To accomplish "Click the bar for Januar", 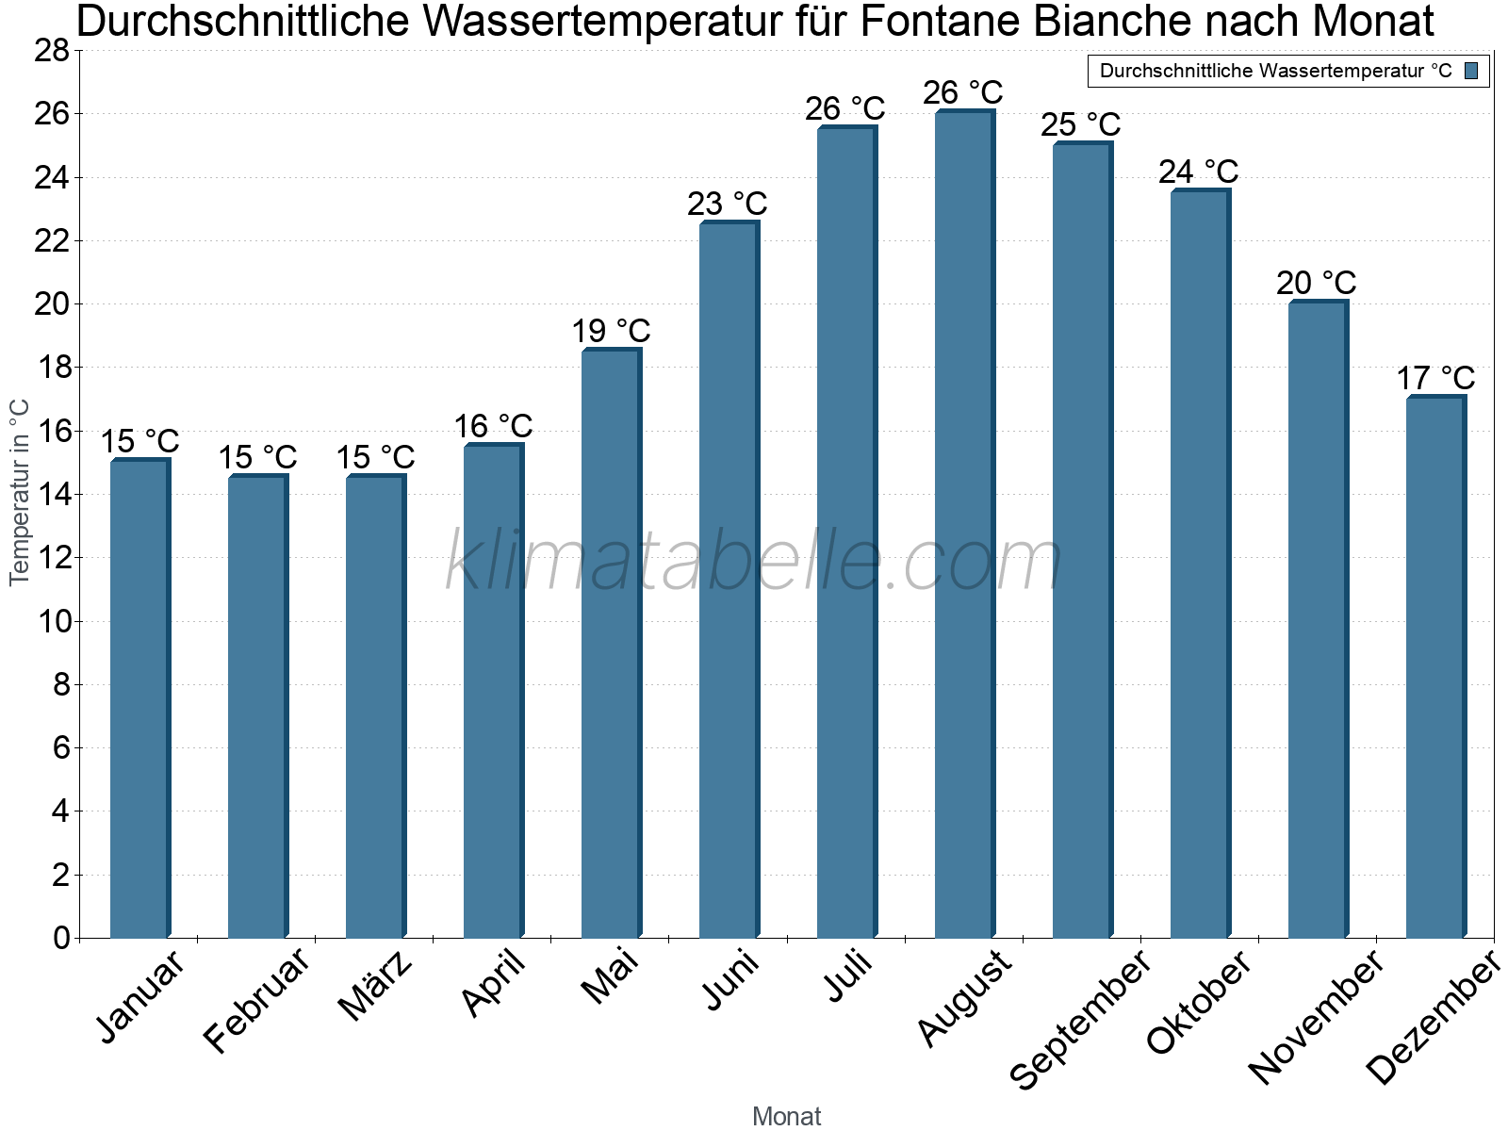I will [139, 698].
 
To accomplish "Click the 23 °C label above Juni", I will [727, 204].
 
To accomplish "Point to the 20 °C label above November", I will [1316, 283].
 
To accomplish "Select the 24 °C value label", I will [1198, 172].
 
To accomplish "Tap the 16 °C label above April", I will [493, 426].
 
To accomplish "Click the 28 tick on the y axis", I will [52, 51].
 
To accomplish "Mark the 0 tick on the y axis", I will [61, 938].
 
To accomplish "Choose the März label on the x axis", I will [375, 986].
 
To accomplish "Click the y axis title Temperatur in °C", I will [20, 492].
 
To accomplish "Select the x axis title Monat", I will [786, 1116].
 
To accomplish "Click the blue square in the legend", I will [1471, 71].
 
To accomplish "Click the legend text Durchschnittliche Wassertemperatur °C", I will [1275, 71].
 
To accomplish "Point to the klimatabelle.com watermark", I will [753, 562].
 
